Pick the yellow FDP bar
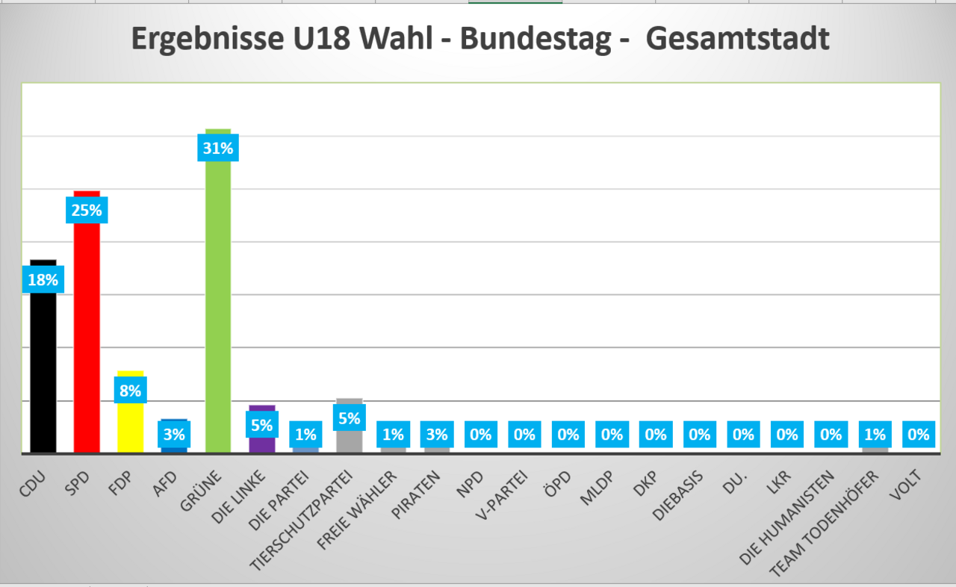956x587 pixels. (x=130, y=426)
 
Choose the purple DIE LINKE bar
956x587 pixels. (x=262, y=444)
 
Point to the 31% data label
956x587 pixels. (x=218, y=148)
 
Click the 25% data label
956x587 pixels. (x=87, y=210)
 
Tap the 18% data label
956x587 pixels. (x=43, y=280)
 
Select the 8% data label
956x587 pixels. (x=130, y=390)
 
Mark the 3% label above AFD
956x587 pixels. (x=174, y=434)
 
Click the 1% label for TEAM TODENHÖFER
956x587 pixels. (x=875, y=434)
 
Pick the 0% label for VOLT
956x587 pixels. (x=919, y=434)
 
